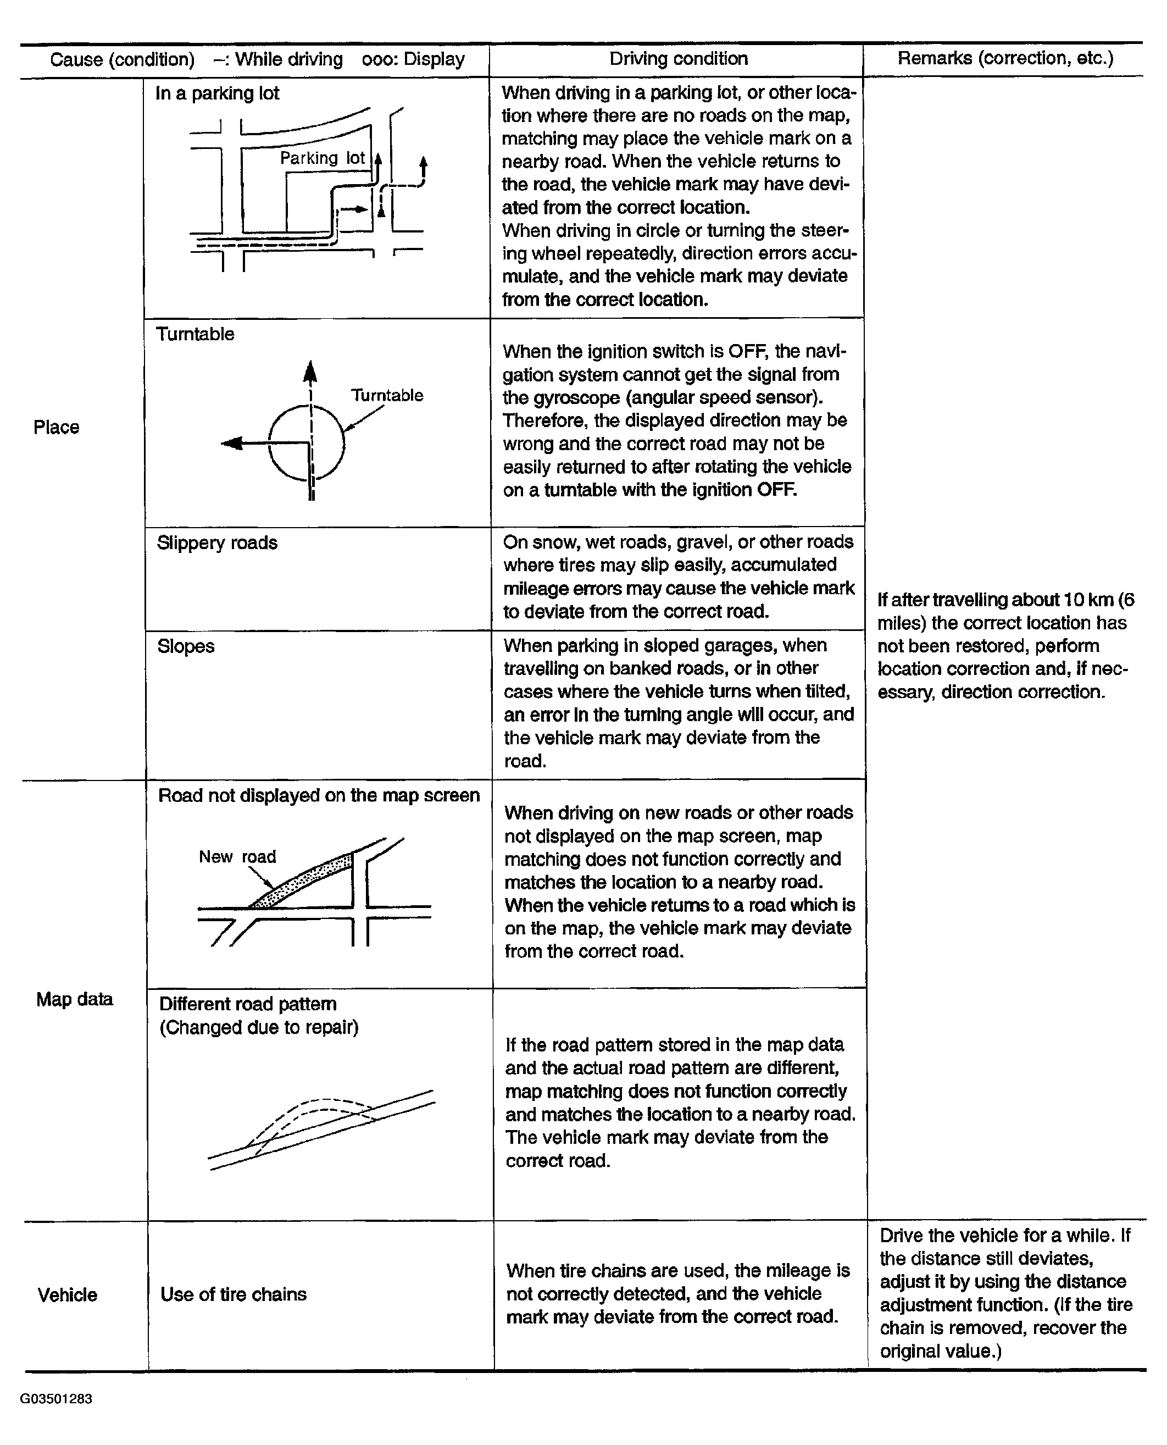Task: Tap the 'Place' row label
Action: click(57, 427)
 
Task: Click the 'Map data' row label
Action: click(74, 999)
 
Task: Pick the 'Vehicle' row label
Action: click(67, 1295)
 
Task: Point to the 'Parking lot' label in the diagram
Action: click(322, 158)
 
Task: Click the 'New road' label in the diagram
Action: click(237, 857)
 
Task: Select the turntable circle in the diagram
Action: click(307, 443)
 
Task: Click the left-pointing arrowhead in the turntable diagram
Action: click(231, 443)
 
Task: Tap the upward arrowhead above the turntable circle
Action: click(310, 372)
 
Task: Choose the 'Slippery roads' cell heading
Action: click(216, 542)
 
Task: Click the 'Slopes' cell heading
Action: click(186, 646)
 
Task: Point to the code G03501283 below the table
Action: click(56, 1399)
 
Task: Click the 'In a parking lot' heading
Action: click(216, 93)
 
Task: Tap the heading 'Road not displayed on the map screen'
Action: click(319, 795)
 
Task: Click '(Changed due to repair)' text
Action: click(259, 1027)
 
